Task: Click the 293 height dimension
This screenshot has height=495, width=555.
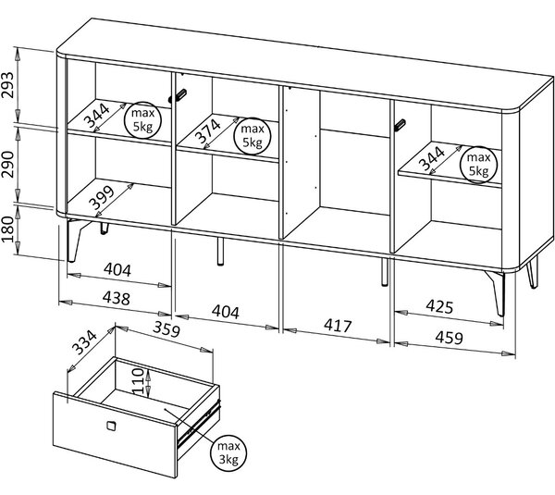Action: (7, 85)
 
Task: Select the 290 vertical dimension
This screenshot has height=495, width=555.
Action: (7, 165)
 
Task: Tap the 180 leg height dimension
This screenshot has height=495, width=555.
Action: (7, 229)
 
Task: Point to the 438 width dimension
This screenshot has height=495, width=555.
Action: (117, 299)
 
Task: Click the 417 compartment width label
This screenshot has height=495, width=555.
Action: (338, 326)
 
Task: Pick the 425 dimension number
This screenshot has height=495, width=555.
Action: (439, 306)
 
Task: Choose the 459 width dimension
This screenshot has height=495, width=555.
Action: (449, 338)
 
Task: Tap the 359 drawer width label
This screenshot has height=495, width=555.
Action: (166, 329)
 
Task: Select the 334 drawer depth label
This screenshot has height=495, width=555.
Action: (84, 342)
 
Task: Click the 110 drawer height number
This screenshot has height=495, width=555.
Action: (139, 381)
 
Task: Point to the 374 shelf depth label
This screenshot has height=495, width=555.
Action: (208, 131)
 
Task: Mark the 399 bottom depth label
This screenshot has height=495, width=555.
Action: (102, 197)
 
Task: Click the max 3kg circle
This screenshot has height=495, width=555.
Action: (228, 452)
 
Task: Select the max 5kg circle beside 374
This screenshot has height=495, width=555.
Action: (253, 136)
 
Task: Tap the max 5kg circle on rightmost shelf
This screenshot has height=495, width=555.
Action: (478, 165)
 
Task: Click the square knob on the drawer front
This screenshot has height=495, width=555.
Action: (111, 425)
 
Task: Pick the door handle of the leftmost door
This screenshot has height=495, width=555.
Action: (177, 96)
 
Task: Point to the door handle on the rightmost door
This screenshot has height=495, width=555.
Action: (400, 125)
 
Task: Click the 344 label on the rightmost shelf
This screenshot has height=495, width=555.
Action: (432, 158)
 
